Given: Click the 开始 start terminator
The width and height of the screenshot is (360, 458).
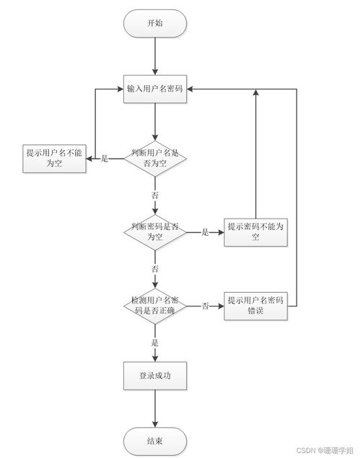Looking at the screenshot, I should pyautogui.click(x=154, y=23).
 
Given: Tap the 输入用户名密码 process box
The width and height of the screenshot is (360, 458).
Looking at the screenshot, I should pyautogui.click(x=154, y=89).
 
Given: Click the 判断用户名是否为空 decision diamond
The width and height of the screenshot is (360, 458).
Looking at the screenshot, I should pyautogui.click(x=154, y=159).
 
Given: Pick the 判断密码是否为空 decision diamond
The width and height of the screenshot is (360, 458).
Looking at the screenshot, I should pyautogui.click(x=154, y=232).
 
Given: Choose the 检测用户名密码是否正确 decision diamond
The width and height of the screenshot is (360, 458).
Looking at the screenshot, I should pyautogui.click(x=154, y=305).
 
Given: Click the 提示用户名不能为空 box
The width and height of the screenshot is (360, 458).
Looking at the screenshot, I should pyautogui.click(x=54, y=159).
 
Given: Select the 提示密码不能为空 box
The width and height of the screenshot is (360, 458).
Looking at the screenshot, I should pyautogui.click(x=255, y=232).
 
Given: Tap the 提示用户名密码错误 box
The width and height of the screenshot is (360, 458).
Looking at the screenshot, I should pyautogui.click(x=255, y=305).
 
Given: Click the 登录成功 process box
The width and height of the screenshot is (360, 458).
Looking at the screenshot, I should pyautogui.click(x=154, y=376).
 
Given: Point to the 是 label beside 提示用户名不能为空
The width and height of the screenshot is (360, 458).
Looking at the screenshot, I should pyautogui.click(x=105, y=159).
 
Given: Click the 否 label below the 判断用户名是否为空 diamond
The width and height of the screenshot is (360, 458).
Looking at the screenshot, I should pyautogui.click(x=154, y=195).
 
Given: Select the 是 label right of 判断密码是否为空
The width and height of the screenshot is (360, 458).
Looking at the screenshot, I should pyautogui.click(x=205, y=232).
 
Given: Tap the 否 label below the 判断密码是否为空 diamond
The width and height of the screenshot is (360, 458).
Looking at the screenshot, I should pyautogui.click(x=154, y=268).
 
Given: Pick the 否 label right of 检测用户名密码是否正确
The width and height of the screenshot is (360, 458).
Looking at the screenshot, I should pyautogui.click(x=205, y=306).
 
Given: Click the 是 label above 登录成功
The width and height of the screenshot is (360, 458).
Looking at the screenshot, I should pyautogui.click(x=154, y=342).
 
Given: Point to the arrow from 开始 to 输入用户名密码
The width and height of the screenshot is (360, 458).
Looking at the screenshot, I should pyautogui.click(x=154, y=56).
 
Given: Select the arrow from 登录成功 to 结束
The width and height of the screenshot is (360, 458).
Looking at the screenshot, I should pyautogui.click(x=154, y=408).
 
